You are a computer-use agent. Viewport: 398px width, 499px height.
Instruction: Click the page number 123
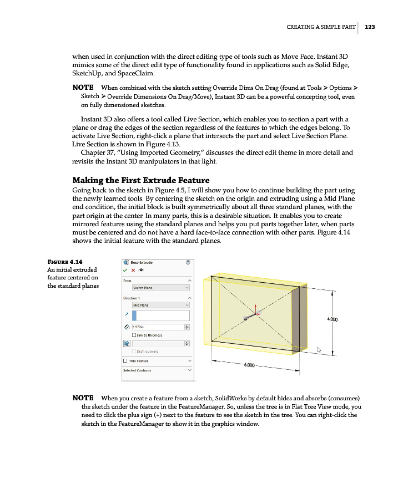[370, 27]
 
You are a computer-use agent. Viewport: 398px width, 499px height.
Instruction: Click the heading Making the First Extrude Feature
[141, 180]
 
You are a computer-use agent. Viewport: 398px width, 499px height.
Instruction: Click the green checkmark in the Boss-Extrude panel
[125, 271]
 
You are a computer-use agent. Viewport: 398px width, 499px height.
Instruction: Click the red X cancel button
[134, 271]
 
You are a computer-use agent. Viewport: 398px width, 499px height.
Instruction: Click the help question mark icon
[188, 262]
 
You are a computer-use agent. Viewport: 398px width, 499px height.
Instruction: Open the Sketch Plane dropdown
[160, 288]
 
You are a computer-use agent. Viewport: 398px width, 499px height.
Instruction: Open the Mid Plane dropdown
[160, 305]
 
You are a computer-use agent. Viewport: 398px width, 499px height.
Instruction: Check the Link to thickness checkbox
[134, 335]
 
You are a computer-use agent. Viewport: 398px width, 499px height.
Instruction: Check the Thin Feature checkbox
[125, 361]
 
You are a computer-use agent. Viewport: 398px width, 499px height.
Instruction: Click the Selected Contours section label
[137, 370]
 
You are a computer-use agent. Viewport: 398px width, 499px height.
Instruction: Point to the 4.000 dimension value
[334, 319]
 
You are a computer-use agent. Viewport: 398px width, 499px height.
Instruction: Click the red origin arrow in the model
[255, 308]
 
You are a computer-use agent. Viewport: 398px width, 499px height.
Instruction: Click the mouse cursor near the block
[319, 350]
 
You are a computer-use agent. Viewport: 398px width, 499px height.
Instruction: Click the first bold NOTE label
[83, 88]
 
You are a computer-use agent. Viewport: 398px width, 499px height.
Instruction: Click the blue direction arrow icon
[126, 315]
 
